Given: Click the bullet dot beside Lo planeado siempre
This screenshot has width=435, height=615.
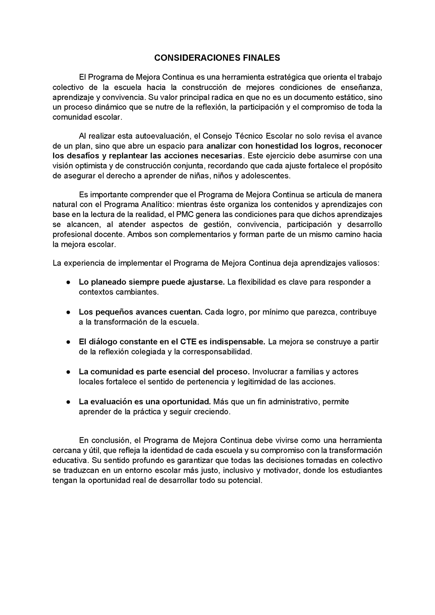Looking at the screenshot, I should (69, 282).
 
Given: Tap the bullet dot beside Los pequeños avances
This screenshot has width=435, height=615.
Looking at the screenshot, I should (69, 312).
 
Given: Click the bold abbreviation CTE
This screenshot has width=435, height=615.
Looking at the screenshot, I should (188, 342).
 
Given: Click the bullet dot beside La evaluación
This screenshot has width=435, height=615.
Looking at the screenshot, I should (69, 402).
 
